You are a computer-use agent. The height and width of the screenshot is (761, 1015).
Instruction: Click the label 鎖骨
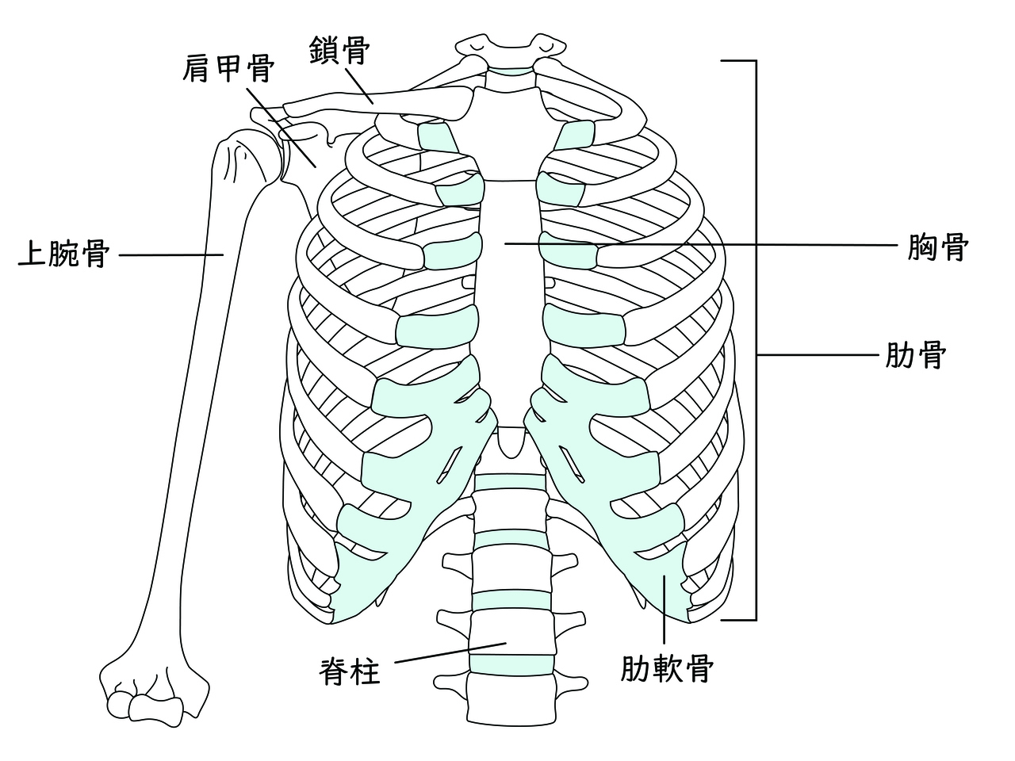[339, 51]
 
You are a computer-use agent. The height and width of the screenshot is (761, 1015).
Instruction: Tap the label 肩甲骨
[228, 69]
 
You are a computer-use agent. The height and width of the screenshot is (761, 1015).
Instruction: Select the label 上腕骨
[63, 254]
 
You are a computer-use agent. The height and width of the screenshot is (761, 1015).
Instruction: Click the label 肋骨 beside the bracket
[915, 355]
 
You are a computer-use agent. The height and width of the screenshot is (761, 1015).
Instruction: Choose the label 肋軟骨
[666, 668]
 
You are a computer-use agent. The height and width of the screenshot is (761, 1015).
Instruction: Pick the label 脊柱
[350, 671]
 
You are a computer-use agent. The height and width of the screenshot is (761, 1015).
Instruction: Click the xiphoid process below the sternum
[511, 442]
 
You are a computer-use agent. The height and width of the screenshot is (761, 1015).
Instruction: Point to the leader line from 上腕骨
[171, 254]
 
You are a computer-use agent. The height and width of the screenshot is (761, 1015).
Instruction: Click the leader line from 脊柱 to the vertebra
[450, 652]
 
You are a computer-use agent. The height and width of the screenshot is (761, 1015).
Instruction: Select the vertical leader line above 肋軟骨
[664, 609]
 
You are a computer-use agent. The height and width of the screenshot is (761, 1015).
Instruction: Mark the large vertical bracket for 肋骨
[756, 339]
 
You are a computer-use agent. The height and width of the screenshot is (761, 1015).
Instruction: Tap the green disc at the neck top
[511, 71]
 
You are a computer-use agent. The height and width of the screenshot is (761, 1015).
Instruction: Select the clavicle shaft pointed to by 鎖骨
[377, 101]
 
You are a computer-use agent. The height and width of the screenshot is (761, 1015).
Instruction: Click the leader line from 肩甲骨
[282, 128]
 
